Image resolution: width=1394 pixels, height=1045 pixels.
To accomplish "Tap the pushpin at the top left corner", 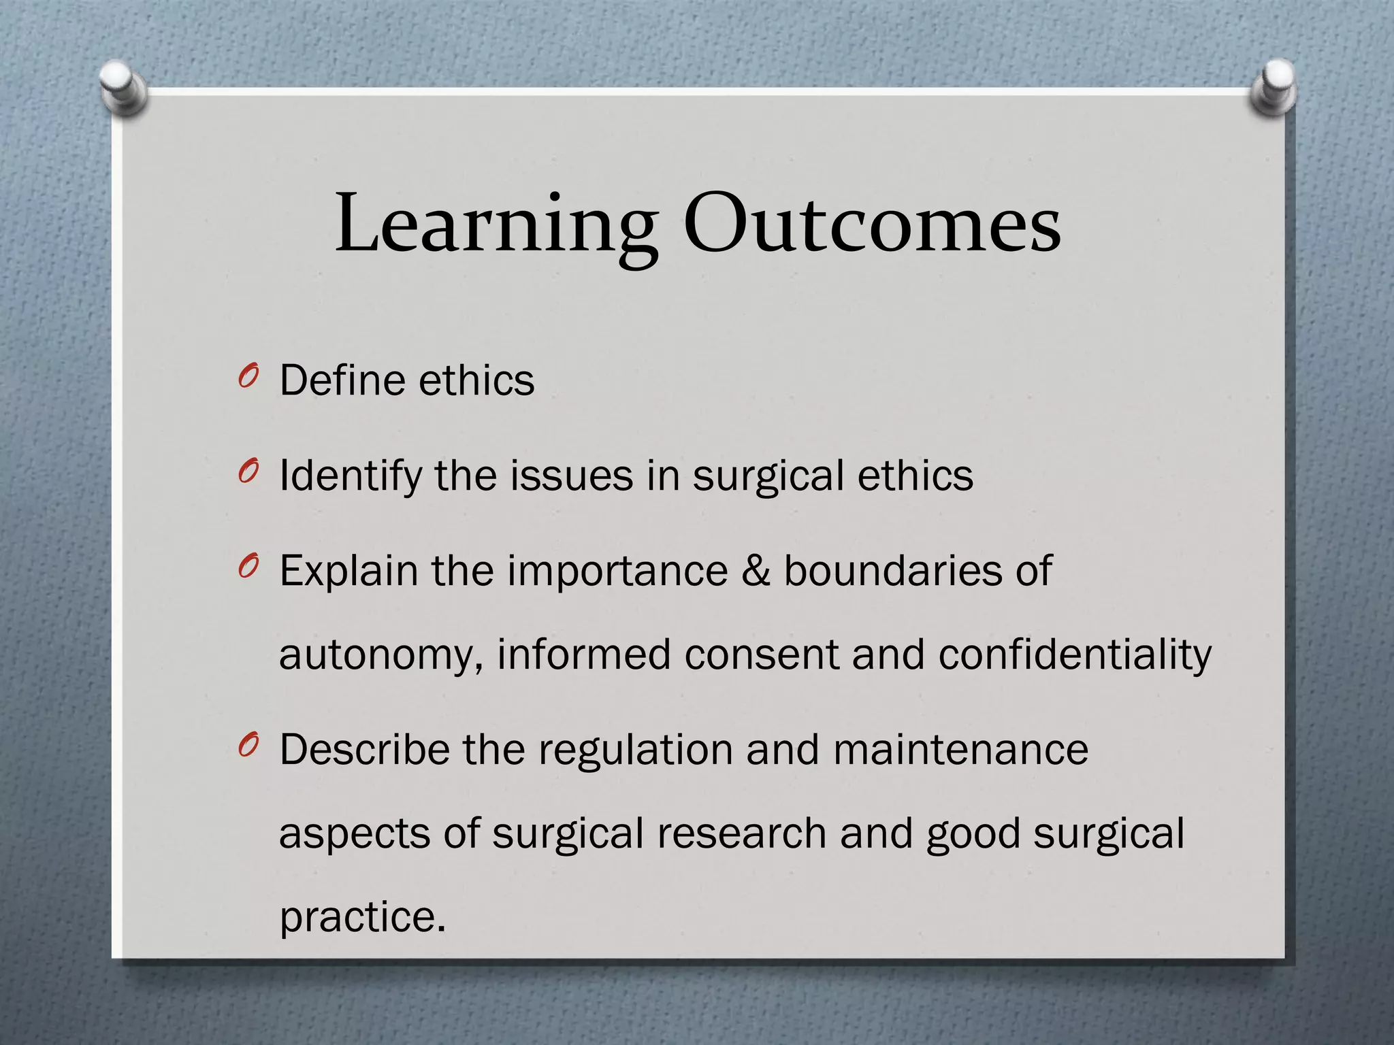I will coord(122,88).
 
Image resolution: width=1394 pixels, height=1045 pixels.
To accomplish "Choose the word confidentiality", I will coord(1075,654).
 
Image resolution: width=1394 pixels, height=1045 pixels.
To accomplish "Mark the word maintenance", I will coord(960,750).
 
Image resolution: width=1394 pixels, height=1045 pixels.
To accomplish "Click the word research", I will coord(741,834).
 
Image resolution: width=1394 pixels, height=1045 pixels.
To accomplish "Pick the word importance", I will coord(617,571).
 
